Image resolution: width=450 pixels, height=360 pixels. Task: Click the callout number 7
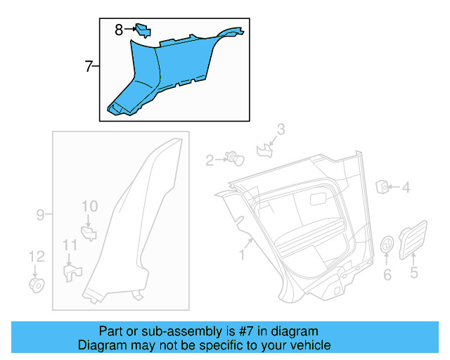[89, 67]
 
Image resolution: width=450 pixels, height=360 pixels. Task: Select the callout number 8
[120, 30]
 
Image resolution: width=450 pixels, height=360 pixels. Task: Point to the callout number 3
[281, 129]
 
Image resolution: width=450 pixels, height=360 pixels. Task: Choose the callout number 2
[210, 161]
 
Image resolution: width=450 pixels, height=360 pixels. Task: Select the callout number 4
[406, 188]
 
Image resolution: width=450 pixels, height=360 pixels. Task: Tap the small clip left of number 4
[383, 186]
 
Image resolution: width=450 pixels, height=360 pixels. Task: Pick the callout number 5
[414, 272]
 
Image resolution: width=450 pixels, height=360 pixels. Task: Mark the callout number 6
[387, 274]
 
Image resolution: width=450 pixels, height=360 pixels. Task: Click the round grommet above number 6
[387, 245]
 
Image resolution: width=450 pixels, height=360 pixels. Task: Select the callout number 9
[40, 214]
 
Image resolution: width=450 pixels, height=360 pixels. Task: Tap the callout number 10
[89, 206]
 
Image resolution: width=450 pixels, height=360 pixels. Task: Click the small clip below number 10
[89, 231]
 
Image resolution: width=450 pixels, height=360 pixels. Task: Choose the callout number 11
[70, 245]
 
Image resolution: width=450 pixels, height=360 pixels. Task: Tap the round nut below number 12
[36, 285]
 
